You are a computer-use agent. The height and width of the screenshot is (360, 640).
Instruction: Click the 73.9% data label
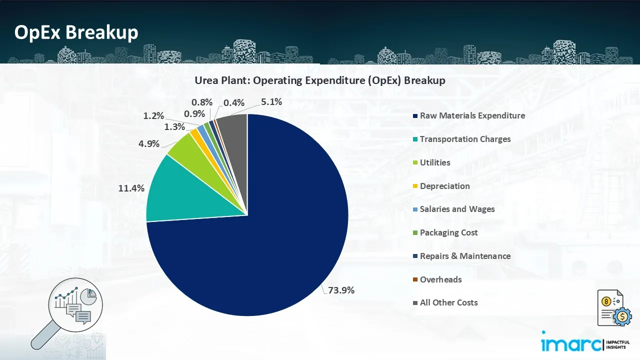point(341,290)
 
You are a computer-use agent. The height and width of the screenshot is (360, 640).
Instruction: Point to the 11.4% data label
point(132,188)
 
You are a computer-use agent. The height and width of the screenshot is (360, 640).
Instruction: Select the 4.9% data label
point(149,144)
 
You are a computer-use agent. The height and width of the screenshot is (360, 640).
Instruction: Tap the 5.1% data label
point(271,102)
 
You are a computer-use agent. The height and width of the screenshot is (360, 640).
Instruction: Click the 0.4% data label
point(234,103)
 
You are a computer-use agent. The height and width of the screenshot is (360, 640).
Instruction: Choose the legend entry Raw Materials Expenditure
point(472,115)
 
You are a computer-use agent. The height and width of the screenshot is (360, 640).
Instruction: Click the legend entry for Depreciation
point(444,186)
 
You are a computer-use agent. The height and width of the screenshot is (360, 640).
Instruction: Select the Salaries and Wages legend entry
point(457,209)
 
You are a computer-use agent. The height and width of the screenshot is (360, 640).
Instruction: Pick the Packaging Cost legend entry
point(448,232)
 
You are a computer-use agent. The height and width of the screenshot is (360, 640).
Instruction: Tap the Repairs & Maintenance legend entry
point(465,256)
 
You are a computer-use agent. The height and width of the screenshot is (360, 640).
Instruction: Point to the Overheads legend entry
point(440,279)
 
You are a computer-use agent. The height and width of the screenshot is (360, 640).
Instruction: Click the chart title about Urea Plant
point(320,80)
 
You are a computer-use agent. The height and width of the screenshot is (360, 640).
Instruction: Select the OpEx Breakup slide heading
point(76,32)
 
